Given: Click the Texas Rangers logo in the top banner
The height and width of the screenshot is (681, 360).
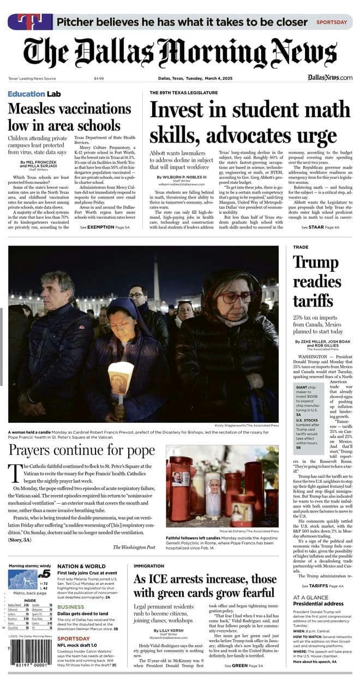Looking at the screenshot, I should tap(29, 22).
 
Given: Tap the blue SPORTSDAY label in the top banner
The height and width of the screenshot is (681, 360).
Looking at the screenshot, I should tap(332, 22).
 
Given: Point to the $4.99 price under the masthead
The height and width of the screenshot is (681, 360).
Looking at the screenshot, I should tap(99, 78).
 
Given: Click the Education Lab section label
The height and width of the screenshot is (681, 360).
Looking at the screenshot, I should tap(34, 94).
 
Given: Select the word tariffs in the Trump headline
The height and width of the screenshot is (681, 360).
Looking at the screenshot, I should tap(313, 300).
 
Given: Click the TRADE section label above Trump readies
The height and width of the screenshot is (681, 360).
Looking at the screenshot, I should tap(301, 247).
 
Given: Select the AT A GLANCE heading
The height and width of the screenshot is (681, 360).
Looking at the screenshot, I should tap(310, 597).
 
